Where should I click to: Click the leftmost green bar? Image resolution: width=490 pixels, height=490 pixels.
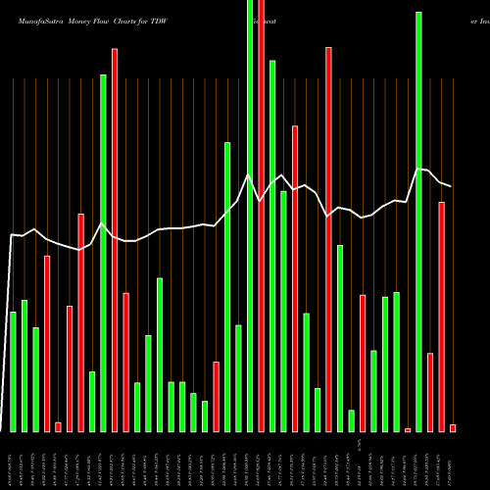13,371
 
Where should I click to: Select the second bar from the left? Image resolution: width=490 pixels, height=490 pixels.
24,366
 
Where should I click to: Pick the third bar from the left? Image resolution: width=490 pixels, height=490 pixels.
35,379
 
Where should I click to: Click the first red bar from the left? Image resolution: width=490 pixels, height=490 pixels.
47,343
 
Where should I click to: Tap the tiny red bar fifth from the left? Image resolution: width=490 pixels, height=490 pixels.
58,426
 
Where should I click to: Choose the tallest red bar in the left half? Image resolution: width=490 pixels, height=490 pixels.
115,240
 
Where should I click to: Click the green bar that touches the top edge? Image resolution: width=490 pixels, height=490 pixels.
250,216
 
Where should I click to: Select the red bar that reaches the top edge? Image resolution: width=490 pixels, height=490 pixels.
261,216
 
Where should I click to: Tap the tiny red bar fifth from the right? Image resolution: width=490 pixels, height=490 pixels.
408,429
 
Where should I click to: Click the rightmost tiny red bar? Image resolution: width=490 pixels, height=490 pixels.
453,427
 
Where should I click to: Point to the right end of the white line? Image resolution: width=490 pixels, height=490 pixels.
451,186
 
